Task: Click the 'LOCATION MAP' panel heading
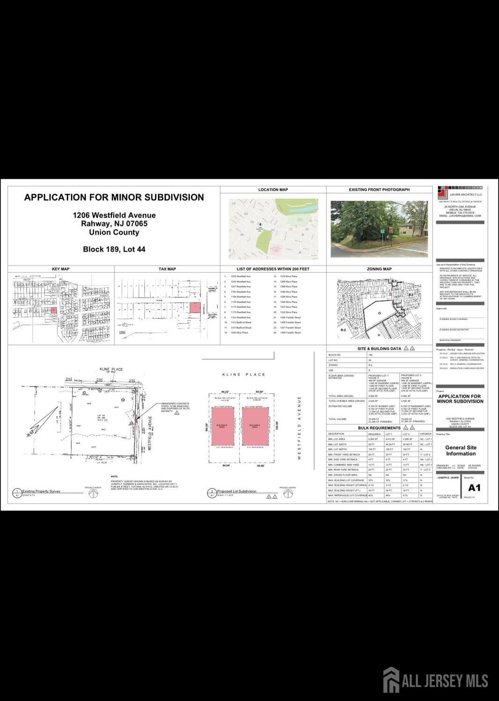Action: click(273, 190)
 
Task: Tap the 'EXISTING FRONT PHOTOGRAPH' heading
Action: click(379, 190)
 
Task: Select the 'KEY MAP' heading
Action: click(60, 269)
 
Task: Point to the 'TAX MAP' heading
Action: click(167, 269)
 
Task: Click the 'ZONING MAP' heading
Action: click(379, 269)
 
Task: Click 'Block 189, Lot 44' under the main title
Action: click(114, 249)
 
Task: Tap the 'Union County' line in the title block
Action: click(114, 232)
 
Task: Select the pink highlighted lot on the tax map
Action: click(194, 307)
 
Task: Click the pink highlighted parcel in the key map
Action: click(53, 310)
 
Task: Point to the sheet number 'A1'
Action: click(474, 488)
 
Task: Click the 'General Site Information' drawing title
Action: click(461, 450)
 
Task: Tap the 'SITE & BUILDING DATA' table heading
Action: click(379, 349)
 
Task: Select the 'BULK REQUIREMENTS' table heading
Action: click(379, 428)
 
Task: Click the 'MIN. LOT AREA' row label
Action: click(337, 439)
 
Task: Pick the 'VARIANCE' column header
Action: click(426, 434)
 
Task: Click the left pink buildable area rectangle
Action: click(225, 426)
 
